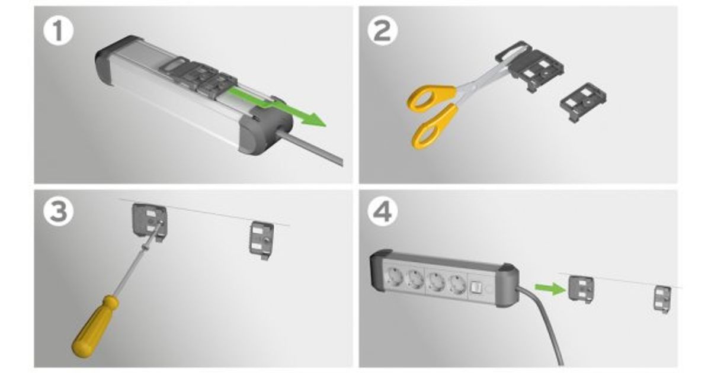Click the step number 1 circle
(x=59, y=31)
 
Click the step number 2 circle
(x=383, y=31)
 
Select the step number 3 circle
(x=59, y=211)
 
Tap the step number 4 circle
(x=383, y=211)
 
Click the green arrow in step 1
(x=277, y=107)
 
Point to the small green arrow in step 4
(x=550, y=289)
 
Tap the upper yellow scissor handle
(x=432, y=97)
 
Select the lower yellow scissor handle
(x=435, y=127)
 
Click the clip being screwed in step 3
(x=149, y=221)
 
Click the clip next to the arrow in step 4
(x=580, y=290)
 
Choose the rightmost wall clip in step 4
(x=662, y=299)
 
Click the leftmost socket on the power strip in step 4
(x=394, y=278)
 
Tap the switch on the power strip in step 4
(x=475, y=287)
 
